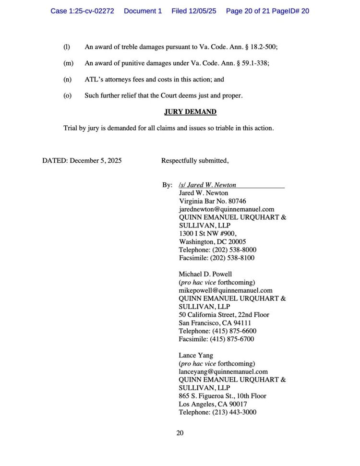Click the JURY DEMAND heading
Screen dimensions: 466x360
pyautogui.click(x=190, y=112)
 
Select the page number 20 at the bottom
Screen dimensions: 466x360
pyautogui.click(x=180, y=433)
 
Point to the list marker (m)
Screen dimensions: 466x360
pyautogui.click(x=68, y=63)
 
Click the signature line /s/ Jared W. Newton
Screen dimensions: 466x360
pyautogui.click(x=207, y=185)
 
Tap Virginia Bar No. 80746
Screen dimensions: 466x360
pyautogui.click(x=212, y=201)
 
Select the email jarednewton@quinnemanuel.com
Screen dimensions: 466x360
pyautogui.click(x=227, y=209)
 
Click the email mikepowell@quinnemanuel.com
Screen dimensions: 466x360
pyautogui.click(x=226, y=290)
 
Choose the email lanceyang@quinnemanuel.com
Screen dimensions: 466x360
pyautogui.click(x=223, y=371)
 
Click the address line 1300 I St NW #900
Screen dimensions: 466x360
pyautogui.click(x=207, y=234)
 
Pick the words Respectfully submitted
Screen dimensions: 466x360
pyautogui.click(x=195, y=160)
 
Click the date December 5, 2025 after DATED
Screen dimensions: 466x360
pyautogui.click(x=96, y=160)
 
